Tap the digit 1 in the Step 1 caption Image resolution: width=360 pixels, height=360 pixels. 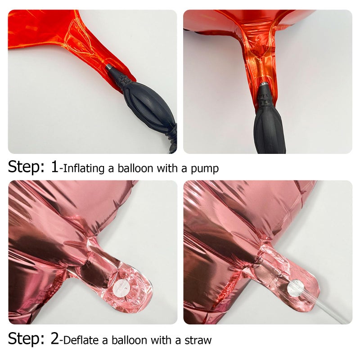click(55, 166)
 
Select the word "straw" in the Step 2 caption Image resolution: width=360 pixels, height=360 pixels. click(198, 340)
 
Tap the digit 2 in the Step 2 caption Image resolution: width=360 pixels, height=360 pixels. click(55, 338)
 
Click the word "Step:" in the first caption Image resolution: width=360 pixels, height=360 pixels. click(26, 166)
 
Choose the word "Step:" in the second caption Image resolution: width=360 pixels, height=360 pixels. click(26, 339)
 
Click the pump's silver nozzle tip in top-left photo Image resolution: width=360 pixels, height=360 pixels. click(109, 67)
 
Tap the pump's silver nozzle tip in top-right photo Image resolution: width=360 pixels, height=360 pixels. click(265, 84)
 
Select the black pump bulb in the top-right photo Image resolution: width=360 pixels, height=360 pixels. click(270, 130)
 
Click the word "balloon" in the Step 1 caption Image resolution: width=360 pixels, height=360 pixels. click(135, 168)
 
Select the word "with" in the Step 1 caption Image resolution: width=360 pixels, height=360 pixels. click(167, 168)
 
